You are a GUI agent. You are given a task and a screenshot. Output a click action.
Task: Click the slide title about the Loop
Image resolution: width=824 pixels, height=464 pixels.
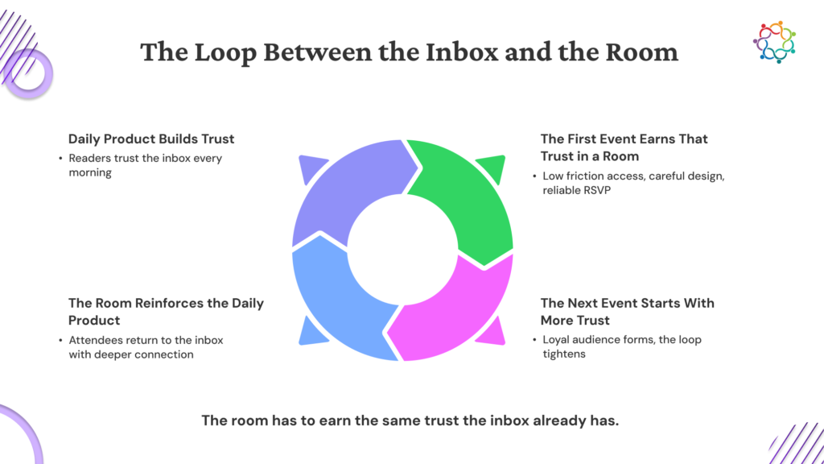(409, 52)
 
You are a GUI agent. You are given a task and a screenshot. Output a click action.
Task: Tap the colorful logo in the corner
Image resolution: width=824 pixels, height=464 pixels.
(775, 42)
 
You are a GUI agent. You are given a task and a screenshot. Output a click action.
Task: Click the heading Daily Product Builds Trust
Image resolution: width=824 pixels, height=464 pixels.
(151, 139)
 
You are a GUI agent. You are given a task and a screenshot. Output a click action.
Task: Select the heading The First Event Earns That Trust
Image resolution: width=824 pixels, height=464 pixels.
(624, 147)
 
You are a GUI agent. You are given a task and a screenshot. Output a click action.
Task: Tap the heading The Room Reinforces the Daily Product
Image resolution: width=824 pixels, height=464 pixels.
(166, 312)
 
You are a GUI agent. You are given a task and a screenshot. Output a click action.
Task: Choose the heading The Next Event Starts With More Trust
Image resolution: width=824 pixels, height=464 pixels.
(628, 312)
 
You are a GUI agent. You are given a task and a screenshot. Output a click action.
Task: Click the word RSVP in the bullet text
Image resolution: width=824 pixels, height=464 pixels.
(597, 190)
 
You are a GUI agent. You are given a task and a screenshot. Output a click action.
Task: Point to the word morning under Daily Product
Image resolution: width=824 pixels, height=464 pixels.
(90, 172)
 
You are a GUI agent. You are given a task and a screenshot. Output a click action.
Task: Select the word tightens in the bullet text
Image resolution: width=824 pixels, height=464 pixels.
(564, 354)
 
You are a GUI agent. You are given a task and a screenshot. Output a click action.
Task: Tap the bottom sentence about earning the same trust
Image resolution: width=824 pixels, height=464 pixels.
(410, 420)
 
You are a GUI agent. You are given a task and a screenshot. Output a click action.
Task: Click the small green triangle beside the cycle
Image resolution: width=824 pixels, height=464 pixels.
(492, 168)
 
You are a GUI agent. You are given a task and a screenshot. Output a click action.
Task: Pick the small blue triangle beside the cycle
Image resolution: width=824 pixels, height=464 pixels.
(312, 331)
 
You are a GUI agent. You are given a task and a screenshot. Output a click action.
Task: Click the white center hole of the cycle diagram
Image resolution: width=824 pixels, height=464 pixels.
(402, 250)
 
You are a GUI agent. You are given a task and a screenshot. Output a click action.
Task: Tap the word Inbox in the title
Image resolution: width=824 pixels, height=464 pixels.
(461, 52)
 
